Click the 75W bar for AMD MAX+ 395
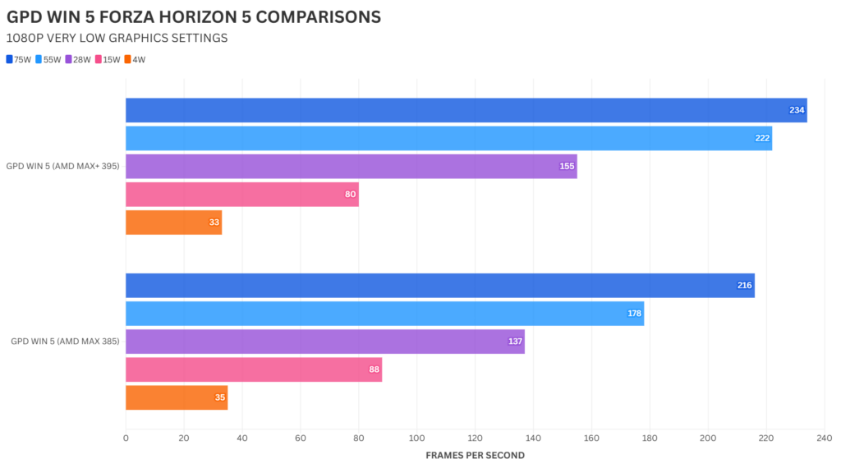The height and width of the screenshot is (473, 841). [x=466, y=110]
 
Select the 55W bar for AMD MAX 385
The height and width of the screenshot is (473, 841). [x=384, y=314]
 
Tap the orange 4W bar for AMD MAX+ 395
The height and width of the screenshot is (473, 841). [x=173, y=223]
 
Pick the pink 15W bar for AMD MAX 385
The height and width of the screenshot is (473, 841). [x=254, y=370]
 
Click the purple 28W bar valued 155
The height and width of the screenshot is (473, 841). [x=351, y=166]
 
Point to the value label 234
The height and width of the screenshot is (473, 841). [x=797, y=110]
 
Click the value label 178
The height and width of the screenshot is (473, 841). [x=634, y=314]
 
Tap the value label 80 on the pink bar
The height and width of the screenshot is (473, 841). [x=349, y=195]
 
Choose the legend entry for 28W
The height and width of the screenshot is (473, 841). [x=80, y=59]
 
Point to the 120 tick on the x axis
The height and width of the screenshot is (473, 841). [x=475, y=439]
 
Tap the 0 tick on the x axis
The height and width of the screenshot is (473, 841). [x=126, y=439]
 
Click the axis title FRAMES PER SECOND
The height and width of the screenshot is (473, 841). [x=475, y=455]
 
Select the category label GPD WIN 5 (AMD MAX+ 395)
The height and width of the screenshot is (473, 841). [x=62, y=166]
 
